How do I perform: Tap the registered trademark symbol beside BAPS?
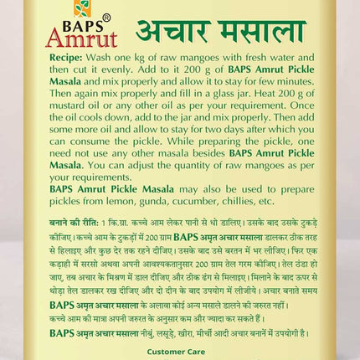[106, 18]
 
